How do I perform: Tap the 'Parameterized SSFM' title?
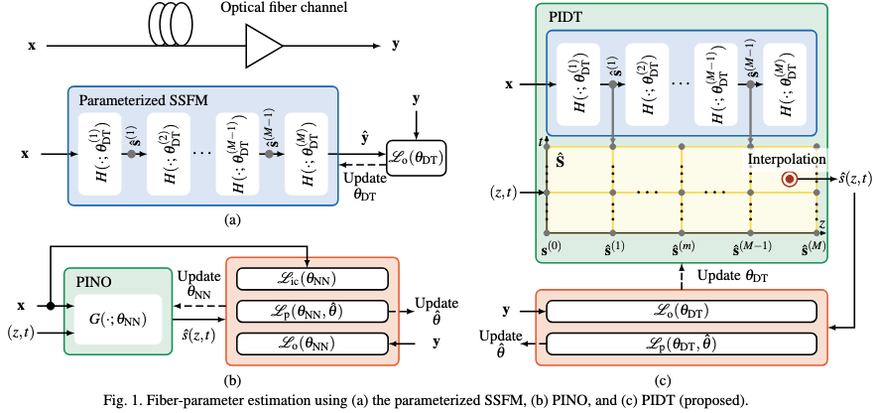[x=136, y=99]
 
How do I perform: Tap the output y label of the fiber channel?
[x=399, y=45]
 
